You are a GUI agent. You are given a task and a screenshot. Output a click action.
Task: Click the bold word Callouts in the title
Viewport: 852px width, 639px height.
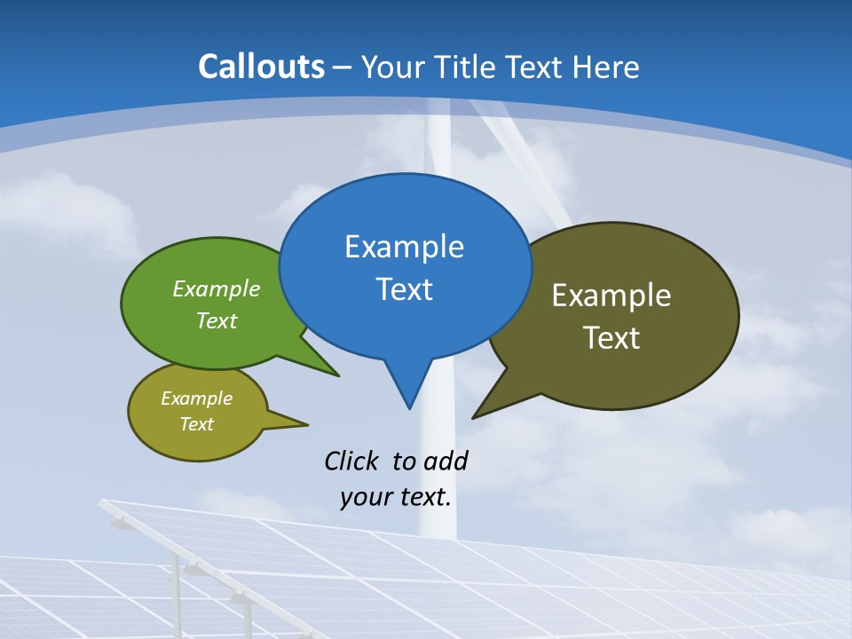(x=261, y=67)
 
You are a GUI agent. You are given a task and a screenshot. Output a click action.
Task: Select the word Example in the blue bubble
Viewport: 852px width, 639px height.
(x=404, y=247)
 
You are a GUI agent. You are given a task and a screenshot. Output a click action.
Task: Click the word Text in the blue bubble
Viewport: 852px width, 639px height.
(x=404, y=289)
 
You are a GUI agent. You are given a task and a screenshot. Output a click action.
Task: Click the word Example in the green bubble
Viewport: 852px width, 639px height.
(x=216, y=289)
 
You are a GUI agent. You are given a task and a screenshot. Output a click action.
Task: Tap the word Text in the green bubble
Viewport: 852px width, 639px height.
(x=216, y=321)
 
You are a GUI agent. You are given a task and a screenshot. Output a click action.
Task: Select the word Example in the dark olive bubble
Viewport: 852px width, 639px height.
(x=611, y=296)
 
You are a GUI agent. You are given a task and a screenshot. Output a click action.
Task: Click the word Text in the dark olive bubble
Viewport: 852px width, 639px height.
(x=611, y=338)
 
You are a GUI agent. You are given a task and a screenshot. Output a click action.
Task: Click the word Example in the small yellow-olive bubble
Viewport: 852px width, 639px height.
(x=196, y=398)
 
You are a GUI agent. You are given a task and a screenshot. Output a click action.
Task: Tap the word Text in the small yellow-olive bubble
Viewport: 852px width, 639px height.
(x=196, y=424)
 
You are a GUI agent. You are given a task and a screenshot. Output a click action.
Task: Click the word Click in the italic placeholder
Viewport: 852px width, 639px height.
(x=352, y=461)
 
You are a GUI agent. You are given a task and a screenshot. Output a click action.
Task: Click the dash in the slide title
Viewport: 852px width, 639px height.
(x=343, y=67)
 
